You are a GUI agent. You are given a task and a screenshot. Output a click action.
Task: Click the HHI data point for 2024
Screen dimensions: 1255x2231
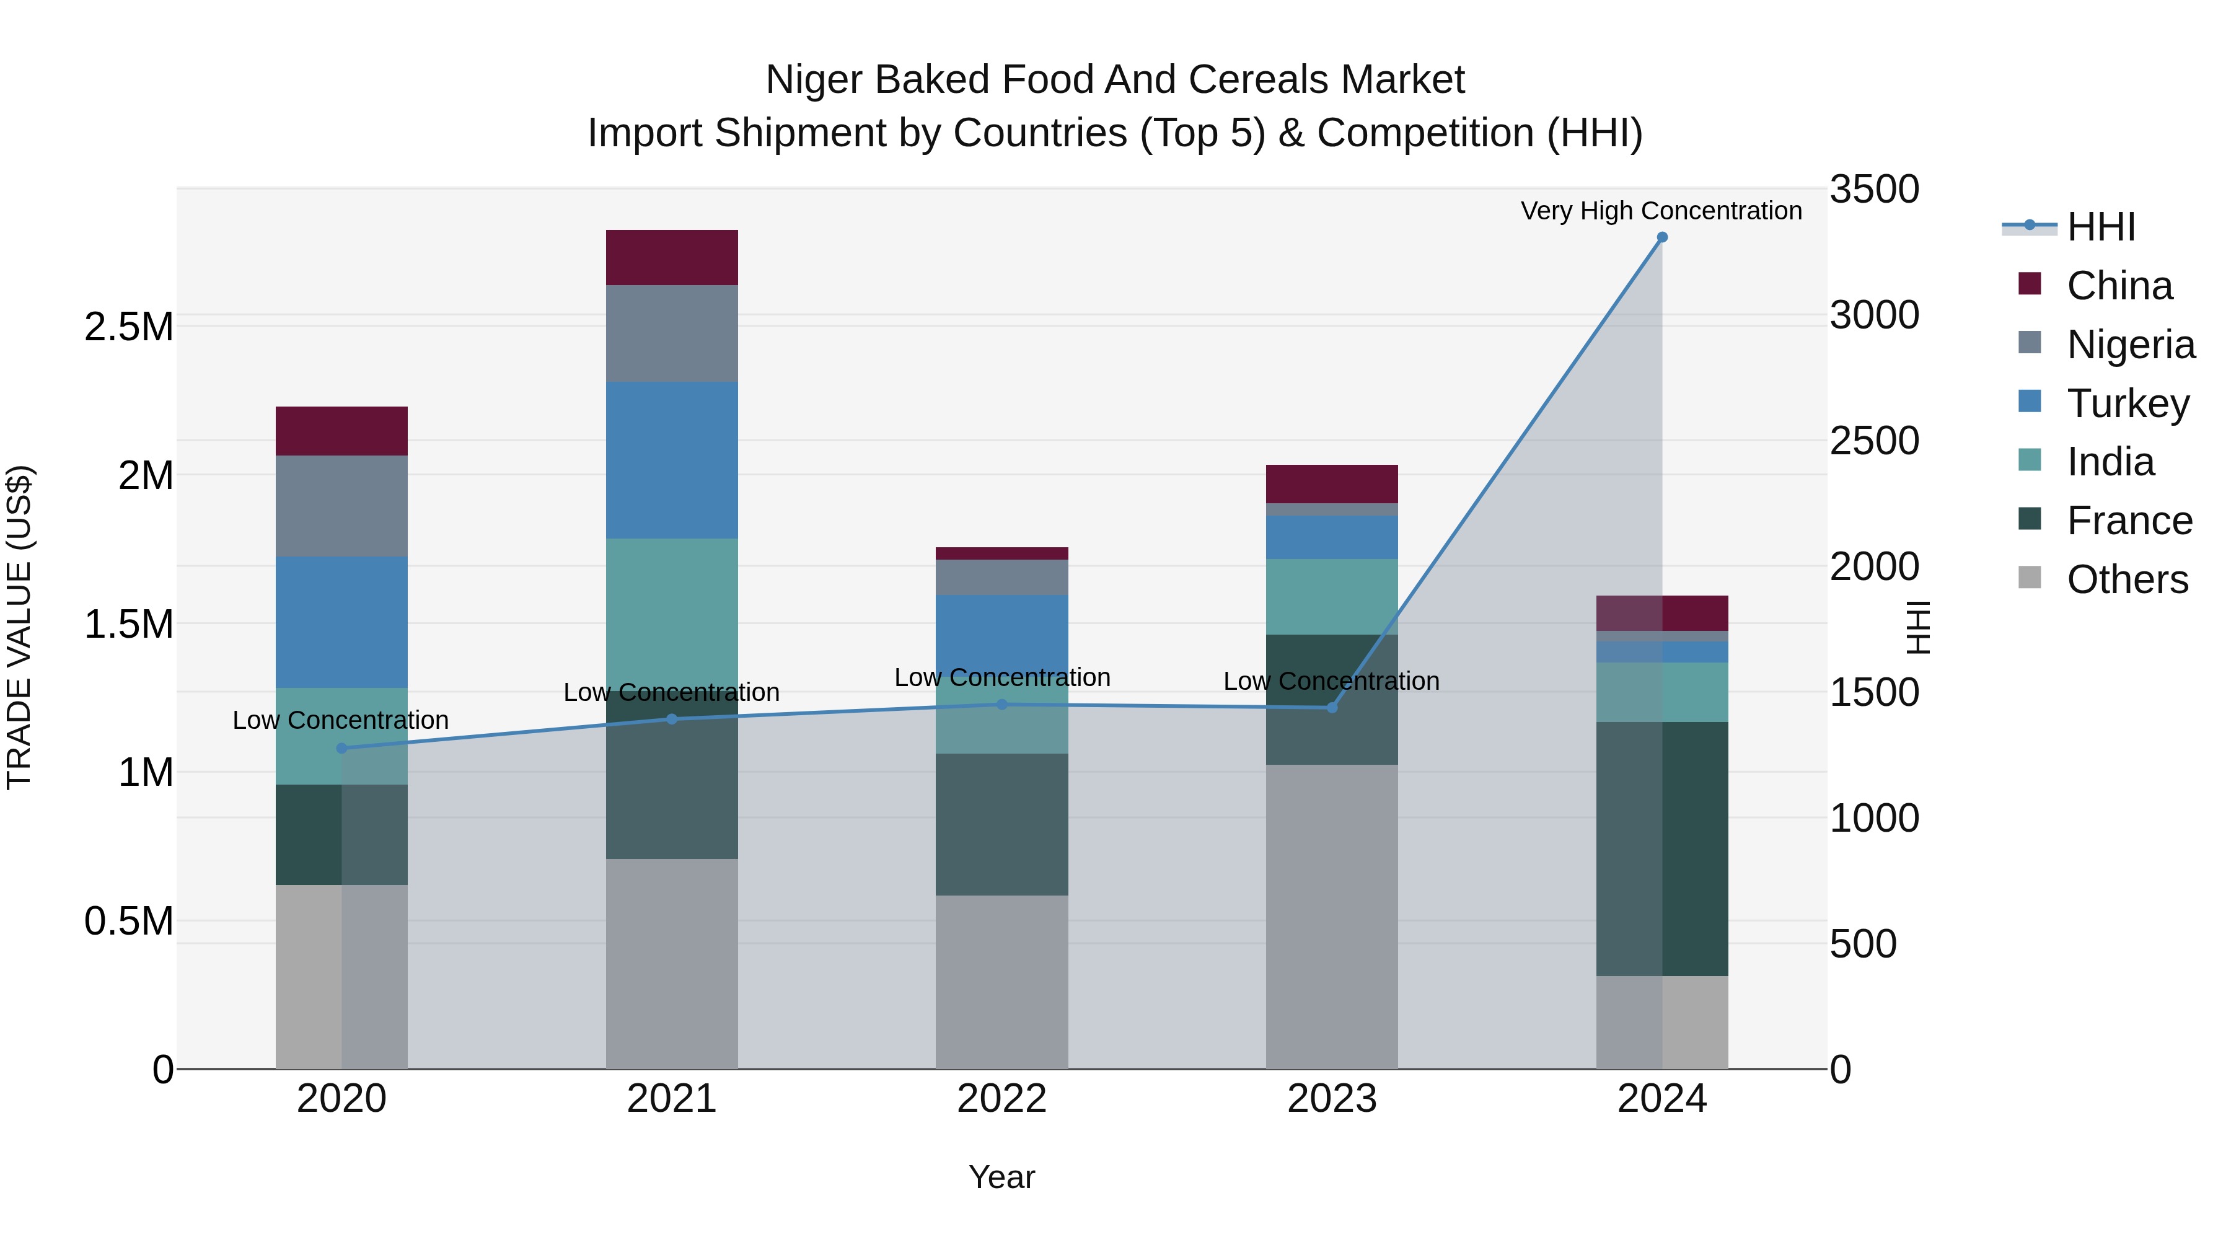coord(1661,237)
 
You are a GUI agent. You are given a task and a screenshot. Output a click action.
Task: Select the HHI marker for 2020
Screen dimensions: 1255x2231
coord(341,748)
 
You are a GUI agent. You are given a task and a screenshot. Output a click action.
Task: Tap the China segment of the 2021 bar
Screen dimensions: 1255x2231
coord(671,257)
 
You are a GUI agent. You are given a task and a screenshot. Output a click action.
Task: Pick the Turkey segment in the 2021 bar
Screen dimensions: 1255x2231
coord(671,460)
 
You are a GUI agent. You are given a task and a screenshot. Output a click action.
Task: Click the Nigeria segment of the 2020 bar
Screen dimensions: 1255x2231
coord(341,506)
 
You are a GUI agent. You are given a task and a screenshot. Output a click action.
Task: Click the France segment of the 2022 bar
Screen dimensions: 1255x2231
coord(1001,824)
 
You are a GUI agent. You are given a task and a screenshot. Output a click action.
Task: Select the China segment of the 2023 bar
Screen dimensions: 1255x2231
coord(1331,483)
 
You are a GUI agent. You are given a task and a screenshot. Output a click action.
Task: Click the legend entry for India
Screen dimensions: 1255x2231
coord(2110,462)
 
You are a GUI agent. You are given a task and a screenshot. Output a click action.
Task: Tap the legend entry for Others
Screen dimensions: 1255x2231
coord(2126,579)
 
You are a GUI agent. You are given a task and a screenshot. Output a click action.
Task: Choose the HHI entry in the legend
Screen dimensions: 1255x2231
coord(2100,227)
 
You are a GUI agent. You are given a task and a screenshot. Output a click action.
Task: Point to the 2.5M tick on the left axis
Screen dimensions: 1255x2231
coord(128,327)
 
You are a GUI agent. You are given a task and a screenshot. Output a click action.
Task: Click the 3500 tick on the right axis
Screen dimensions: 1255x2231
coord(1873,190)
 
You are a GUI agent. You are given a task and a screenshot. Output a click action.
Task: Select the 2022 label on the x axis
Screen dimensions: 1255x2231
coord(1001,1099)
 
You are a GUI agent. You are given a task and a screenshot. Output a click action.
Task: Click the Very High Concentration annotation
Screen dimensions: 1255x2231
coord(1660,211)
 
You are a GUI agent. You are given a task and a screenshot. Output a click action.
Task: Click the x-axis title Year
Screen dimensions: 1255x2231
coord(1001,1177)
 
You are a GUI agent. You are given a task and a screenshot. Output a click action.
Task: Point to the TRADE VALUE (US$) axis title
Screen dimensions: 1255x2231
coord(19,627)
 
